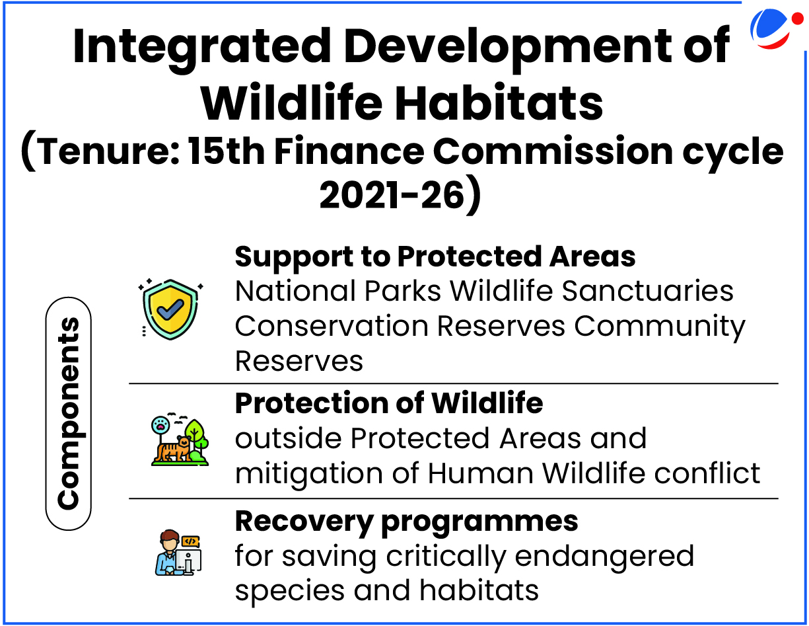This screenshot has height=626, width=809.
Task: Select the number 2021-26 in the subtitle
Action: point(392,195)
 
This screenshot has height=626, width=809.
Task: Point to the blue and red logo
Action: point(775,28)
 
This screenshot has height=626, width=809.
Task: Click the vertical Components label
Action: point(69,413)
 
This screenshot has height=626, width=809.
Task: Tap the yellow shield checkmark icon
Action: point(170,309)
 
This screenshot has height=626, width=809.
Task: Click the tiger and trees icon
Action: point(180,440)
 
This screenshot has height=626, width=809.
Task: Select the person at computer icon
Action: point(178,553)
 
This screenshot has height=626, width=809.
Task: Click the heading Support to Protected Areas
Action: point(435,256)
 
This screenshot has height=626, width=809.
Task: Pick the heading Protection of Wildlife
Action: point(389,403)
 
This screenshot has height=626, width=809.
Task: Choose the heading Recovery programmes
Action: point(406,522)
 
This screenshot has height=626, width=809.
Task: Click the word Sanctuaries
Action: point(647,291)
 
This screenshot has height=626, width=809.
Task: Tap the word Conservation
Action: point(332,326)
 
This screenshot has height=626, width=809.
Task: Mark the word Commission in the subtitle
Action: point(553,151)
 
